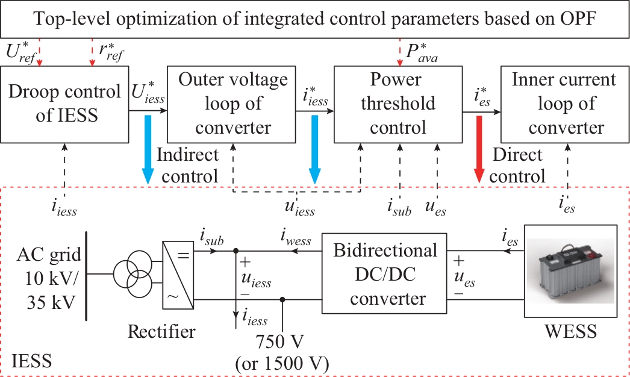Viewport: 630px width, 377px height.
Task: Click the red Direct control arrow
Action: [479, 148]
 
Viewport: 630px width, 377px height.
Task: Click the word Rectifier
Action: [162, 332]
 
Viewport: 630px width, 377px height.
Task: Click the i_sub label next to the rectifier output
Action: [211, 240]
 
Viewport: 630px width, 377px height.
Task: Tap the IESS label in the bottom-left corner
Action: [32, 361]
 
